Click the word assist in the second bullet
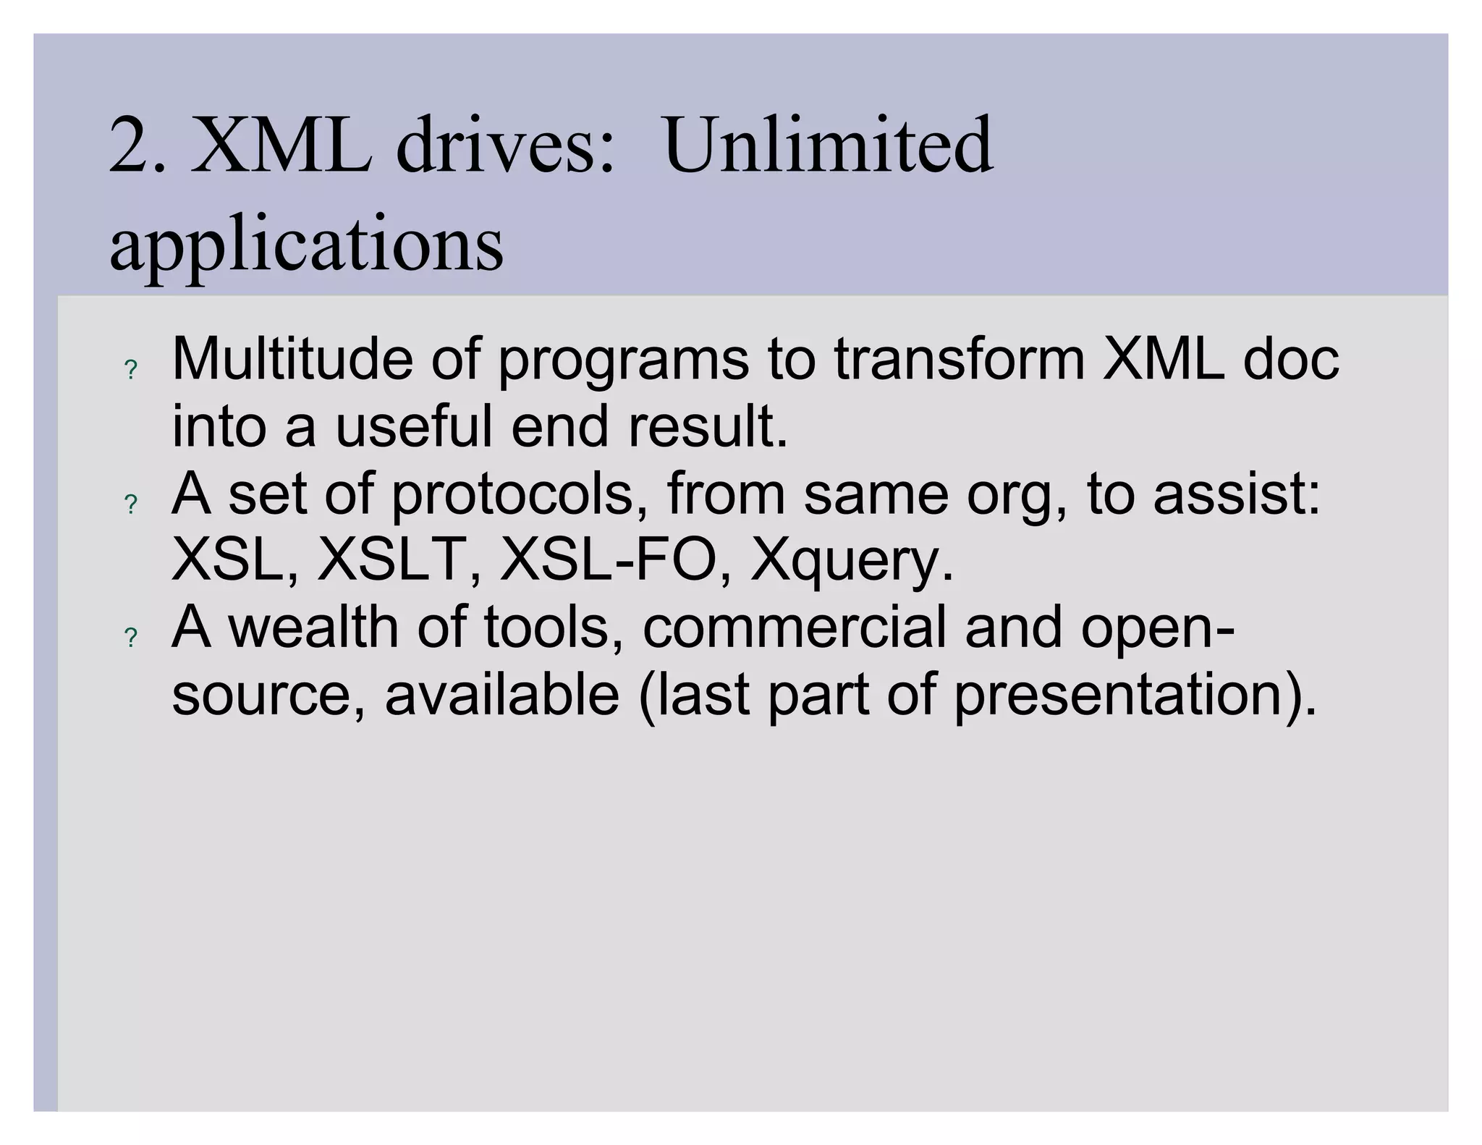(x=1237, y=494)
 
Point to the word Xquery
(x=852, y=562)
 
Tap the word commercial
(x=795, y=627)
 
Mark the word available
(x=502, y=693)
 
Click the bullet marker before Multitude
(x=131, y=371)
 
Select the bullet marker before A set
(x=131, y=504)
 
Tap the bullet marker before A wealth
(x=131, y=638)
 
